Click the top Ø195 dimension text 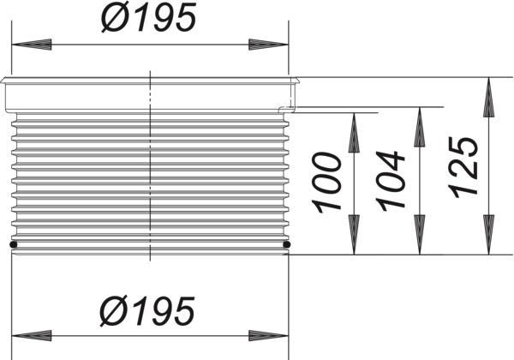click(x=149, y=17)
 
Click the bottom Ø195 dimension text click(x=147, y=310)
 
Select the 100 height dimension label click(x=326, y=183)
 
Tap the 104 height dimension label click(x=391, y=181)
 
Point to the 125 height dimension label click(x=463, y=167)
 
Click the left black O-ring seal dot click(x=14, y=244)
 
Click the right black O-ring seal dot click(x=287, y=244)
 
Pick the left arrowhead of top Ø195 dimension click(x=32, y=45)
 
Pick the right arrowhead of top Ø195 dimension click(x=268, y=45)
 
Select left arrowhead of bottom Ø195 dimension click(x=32, y=335)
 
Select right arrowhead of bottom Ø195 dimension click(x=268, y=335)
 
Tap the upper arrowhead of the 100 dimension click(x=354, y=133)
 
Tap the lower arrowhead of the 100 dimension click(x=354, y=235)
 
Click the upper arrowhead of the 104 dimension click(x=420, y=127)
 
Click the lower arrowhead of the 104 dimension click(x=420, y=235)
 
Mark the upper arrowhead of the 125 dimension click(x=489, y=97)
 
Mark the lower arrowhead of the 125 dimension click(x=489, y=235)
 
